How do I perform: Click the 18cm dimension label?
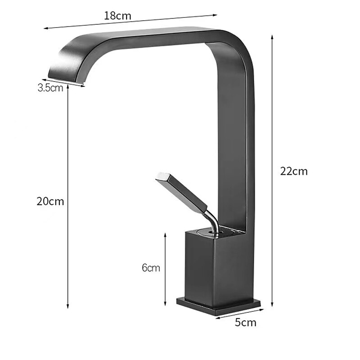coord(117,15)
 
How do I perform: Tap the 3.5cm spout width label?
coord(50,88)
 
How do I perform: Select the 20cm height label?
coord(50,201)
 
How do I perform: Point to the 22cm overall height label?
coord(294,171)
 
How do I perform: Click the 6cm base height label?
coord(151,268)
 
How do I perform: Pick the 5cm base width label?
coord(245,322)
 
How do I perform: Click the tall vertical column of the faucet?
coord(234,148)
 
